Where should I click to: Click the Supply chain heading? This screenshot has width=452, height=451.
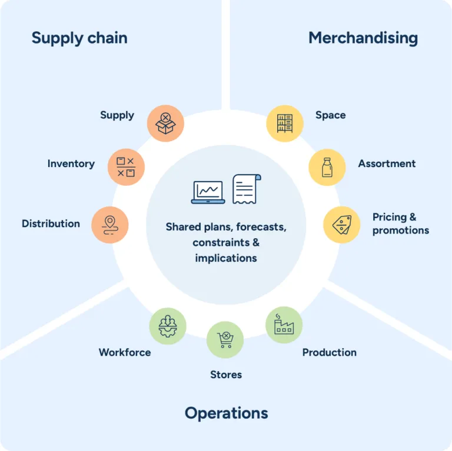(79, 38)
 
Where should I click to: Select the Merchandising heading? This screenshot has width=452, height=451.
(363, 38)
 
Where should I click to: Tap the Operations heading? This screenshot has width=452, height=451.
(226, 413)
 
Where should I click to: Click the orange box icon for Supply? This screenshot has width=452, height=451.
(166, 123)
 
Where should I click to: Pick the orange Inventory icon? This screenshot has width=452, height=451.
(126, 167)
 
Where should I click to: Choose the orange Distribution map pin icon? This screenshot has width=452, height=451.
(109, 225)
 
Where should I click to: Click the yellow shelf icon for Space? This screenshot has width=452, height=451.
(285, 123)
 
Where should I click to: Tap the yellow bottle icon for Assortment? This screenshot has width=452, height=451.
(327, 167)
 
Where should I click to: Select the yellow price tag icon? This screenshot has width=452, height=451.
(342, 225)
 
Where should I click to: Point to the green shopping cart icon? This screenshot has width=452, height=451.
(225, 340)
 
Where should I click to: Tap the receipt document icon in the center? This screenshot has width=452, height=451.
(245, 189)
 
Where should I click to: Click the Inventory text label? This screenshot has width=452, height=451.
(71, 164)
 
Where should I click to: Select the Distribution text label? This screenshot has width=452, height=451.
(51, 224)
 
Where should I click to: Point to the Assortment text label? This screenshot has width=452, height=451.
(387, 164)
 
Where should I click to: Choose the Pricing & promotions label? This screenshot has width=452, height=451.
(400, 224)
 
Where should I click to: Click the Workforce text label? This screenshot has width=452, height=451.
(125, 353)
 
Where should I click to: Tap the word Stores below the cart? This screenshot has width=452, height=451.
(226, 375)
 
